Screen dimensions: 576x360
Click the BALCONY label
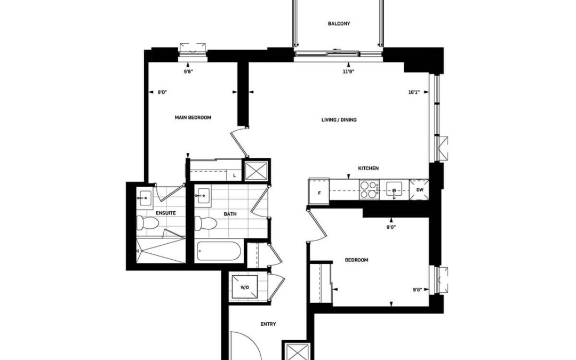coord(339,23)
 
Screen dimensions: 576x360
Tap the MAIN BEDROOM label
coord(193,117)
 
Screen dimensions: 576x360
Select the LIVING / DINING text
coord(339,120)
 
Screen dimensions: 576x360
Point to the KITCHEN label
coord(368,168)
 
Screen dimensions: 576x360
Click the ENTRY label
coord(268,324)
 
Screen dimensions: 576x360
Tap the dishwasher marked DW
coord(420,190)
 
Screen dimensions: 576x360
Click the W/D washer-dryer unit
coord(245,287)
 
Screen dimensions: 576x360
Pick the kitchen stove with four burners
coord(369,190)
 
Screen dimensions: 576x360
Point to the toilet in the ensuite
coord(148,222)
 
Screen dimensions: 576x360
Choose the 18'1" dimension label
coord(414,93)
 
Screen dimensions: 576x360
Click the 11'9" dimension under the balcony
coord(348,71)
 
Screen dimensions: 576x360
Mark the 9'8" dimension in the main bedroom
coord(188,71)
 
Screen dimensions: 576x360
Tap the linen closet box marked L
coord(234,175)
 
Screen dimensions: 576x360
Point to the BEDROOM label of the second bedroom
coord(356,260)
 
